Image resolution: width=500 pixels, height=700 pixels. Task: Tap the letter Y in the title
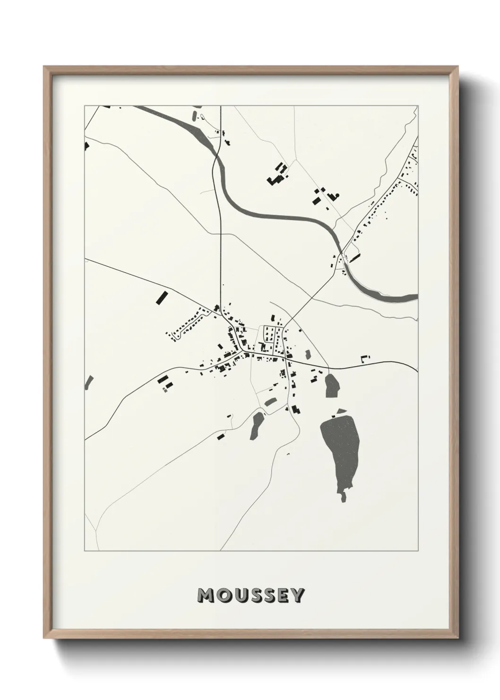coord(297,595)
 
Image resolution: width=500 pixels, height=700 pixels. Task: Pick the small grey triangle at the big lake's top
coord(340,411)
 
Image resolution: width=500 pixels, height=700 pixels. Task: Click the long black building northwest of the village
coord(162,297)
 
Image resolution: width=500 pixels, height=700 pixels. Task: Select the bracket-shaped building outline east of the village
coord(364,358)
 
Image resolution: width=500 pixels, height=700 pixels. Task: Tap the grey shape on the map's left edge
coord(88,382)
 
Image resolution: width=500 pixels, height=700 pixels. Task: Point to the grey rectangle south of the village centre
coord(270,402)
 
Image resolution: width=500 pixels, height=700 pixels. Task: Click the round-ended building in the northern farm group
coord(337,194)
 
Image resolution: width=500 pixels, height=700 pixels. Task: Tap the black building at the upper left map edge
coord(86,146)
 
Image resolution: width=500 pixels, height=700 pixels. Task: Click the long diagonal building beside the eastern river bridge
coord(355,257)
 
